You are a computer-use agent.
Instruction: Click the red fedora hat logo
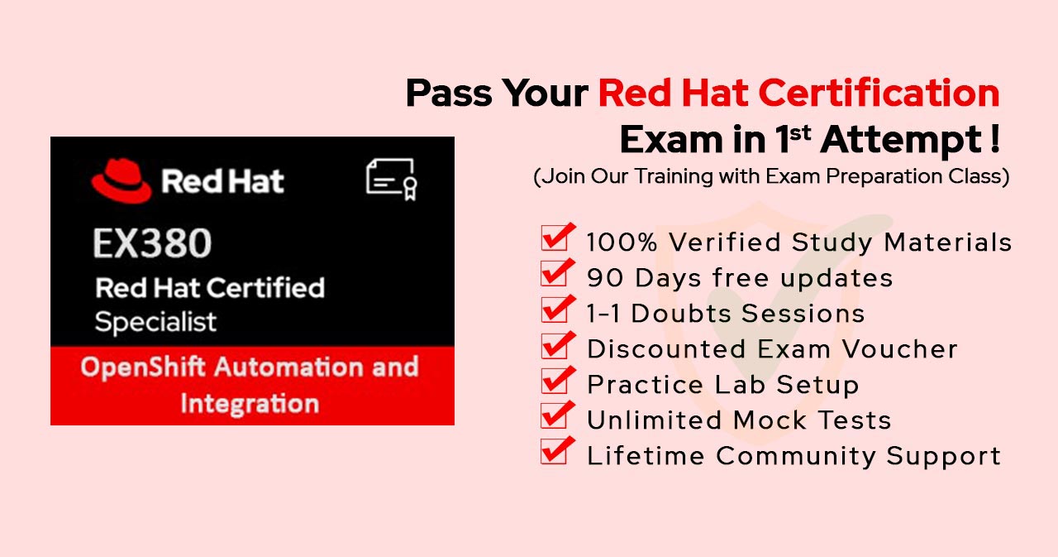[122, 180]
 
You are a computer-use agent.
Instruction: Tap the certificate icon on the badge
[391, 180]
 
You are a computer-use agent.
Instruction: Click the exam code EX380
[152, 243]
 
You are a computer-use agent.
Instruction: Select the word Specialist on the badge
[155, 322]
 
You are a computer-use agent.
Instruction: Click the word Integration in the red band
[250, 404]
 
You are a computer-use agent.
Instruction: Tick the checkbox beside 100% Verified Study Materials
[554, 238]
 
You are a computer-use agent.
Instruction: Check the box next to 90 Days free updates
[554, 274]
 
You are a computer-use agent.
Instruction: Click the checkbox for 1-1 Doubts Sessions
[554, 310]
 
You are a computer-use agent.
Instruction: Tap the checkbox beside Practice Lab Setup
[554, 381]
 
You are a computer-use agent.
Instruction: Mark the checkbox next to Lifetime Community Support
[554, 452]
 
